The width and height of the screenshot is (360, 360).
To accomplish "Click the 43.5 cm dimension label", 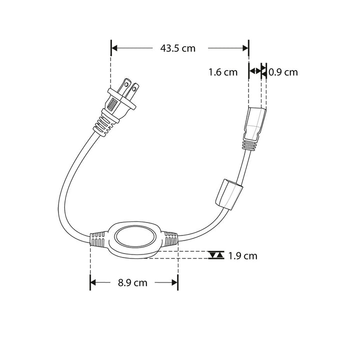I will point(177,48).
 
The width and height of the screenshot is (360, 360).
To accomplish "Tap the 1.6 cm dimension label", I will point(222,72).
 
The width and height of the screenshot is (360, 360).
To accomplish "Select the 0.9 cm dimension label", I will point(283,72).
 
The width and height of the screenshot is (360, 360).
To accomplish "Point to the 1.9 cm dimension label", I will point(242,255).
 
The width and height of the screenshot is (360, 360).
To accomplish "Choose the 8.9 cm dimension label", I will point(133,282).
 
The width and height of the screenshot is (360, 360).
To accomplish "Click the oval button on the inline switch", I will point(133,239).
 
